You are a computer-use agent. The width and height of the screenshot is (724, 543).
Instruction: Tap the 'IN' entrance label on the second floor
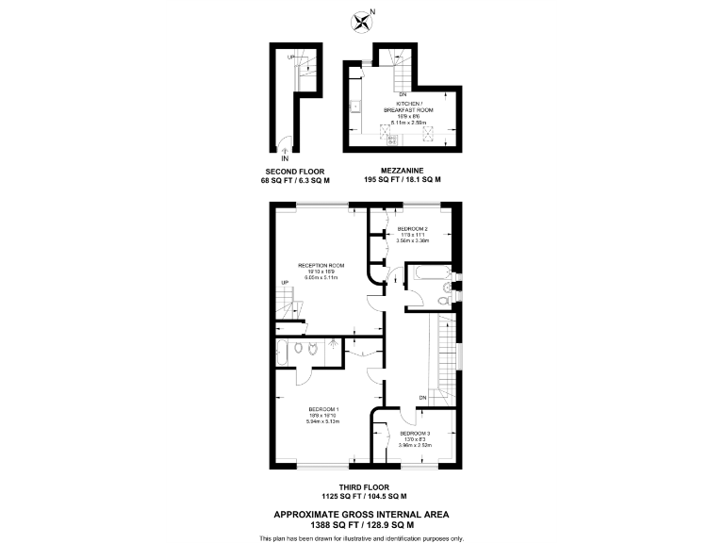tap(286, 158)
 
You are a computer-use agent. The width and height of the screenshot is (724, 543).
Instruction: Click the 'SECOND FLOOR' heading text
tap(296, 172)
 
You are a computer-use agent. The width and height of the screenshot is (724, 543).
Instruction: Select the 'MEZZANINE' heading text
tap(403, 172)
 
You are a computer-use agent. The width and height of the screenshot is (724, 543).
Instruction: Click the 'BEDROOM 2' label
tap(413, 229)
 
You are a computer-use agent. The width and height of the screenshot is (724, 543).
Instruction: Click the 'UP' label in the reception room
tap(284, 283)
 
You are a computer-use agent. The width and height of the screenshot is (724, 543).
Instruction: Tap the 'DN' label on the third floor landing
tap(423, 397)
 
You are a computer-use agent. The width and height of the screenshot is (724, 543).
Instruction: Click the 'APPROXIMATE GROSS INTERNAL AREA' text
tap(361, 514)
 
